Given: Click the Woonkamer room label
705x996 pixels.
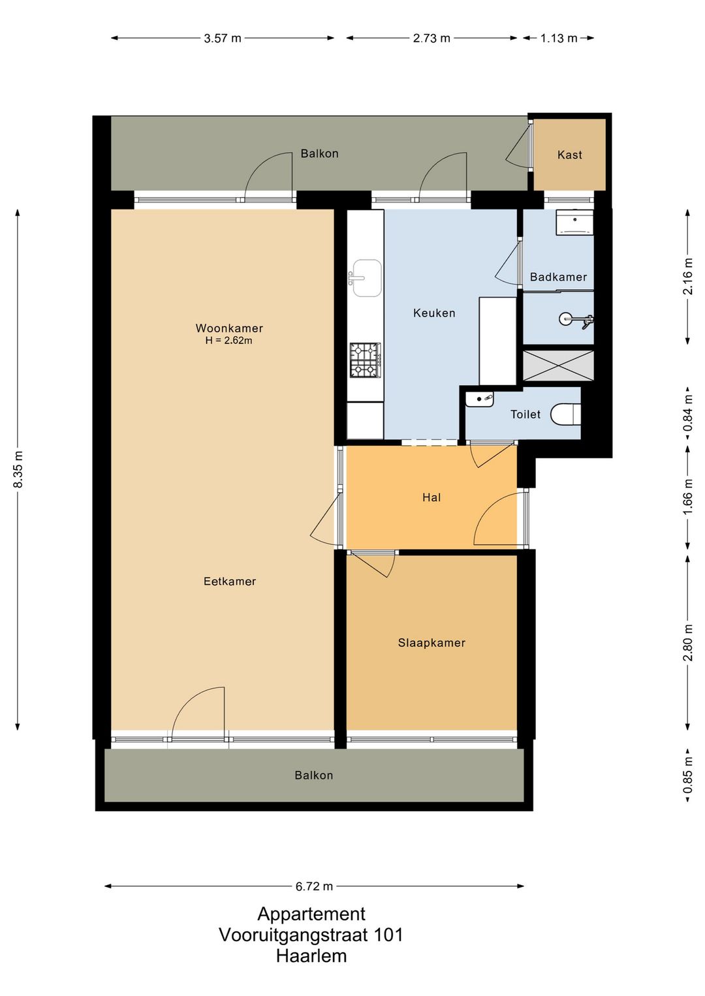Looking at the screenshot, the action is click(229, 328).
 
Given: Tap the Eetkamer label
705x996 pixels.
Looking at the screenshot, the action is click(230, 581).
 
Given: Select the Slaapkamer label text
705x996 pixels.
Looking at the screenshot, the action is click(431, 642).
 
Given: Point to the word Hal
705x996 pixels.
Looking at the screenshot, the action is click(431, 497).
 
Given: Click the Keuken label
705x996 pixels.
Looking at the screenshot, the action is click(434, 313).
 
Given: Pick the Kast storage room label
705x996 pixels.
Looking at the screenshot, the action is click(569, 155).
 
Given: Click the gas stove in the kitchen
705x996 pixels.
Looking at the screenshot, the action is click(365, 360).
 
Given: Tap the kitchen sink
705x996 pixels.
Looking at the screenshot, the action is click(365, 278).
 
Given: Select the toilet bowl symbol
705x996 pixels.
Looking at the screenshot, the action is click(566, 414).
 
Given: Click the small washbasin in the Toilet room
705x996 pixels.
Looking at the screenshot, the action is click(480, 399).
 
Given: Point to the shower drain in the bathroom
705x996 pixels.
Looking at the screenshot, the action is click(565, 319).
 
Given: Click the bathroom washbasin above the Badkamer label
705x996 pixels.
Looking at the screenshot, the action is click(574, 223).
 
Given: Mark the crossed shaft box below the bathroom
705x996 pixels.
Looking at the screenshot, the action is click(558, 366).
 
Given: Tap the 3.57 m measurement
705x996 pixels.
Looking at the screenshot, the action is click(223, 39).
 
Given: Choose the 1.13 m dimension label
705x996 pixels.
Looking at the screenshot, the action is click(559, 39).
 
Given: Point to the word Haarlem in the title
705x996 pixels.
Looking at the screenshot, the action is click(311, 956).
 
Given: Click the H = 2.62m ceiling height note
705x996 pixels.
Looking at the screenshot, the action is click(229, 341).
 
